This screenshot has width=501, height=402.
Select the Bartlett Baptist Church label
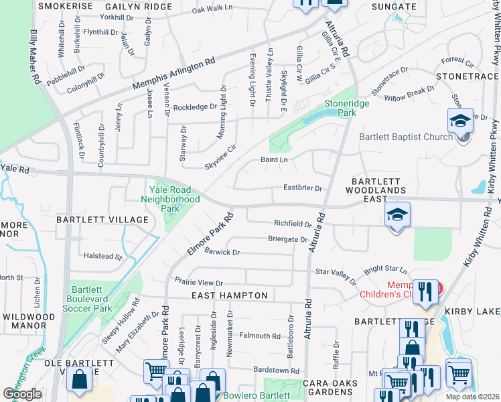pyautogui.click(x=406, y=137)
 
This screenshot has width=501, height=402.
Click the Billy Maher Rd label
pyautogui.click(x=34, y=56)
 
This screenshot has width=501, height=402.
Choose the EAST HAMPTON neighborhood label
pyautogui.click(x=229, y=295)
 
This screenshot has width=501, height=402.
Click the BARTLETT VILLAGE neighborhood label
pyautogui.click(x=102, y=220)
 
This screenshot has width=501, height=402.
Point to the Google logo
pyautogui.click(x=23, y=394)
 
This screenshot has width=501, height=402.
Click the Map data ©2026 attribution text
pyautogui.click(x=472, y=397)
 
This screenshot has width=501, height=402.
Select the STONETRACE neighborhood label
pyautogui.click(x=467, y=77)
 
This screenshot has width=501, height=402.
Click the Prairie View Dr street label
pyautogui.click(x=198, y=283)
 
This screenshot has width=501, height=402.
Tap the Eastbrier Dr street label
pyautogui.click(x=303, y=189)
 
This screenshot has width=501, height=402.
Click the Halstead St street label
pyautogui.click(x=101, y=256)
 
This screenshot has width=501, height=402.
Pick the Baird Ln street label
pyautogui.click(x=273, y=159)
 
